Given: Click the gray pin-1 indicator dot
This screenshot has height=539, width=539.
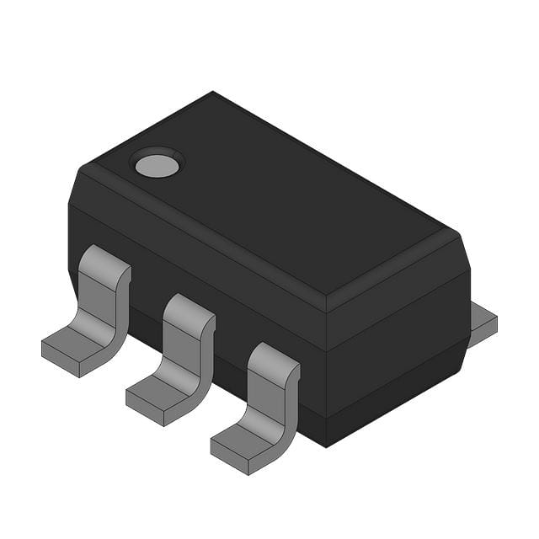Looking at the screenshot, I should [x=157, y=164].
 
